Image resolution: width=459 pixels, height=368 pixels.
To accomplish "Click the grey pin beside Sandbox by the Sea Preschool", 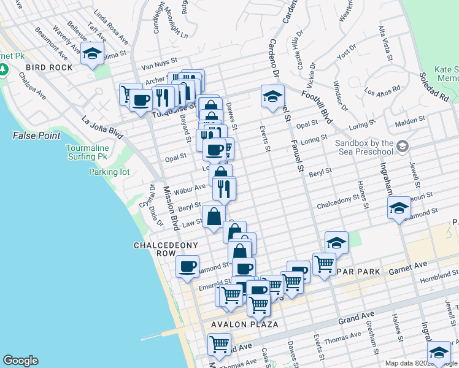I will click(402, 146).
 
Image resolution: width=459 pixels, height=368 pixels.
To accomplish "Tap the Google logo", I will click(20, 360).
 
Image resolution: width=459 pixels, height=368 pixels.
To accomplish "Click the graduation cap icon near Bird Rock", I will click(92, 55).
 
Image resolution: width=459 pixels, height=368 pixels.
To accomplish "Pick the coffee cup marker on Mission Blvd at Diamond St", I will click(187, 267).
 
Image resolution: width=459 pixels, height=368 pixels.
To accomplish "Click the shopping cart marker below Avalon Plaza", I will click(218, 345).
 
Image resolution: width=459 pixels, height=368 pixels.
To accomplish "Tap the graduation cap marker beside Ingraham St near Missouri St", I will click(398, 208).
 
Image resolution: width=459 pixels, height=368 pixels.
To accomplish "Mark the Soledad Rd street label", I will click(434, 88).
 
